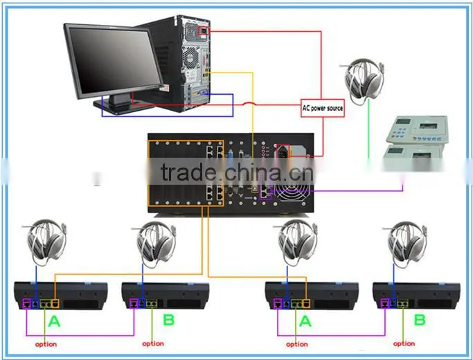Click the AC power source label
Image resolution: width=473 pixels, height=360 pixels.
(323, 108)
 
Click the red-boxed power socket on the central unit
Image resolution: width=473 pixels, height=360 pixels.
(283, 151)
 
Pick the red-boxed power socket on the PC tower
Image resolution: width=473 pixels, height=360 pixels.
(204, 30)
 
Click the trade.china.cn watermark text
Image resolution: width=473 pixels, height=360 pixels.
(238, 172)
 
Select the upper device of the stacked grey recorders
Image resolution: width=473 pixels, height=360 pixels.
(417, 129)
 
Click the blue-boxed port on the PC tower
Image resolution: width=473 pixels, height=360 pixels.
(204, 93)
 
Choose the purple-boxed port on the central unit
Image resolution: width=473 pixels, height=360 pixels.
(265, 192)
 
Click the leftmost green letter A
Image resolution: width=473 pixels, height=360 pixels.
(54, 321)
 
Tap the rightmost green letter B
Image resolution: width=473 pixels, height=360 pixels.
(420, 320)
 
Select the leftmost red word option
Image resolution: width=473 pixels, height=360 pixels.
(46, 344)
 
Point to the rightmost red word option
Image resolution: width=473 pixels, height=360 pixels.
(404, 343)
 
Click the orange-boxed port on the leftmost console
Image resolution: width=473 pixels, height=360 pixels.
(55, 303)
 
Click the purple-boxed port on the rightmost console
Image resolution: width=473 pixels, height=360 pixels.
(384, 303)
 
